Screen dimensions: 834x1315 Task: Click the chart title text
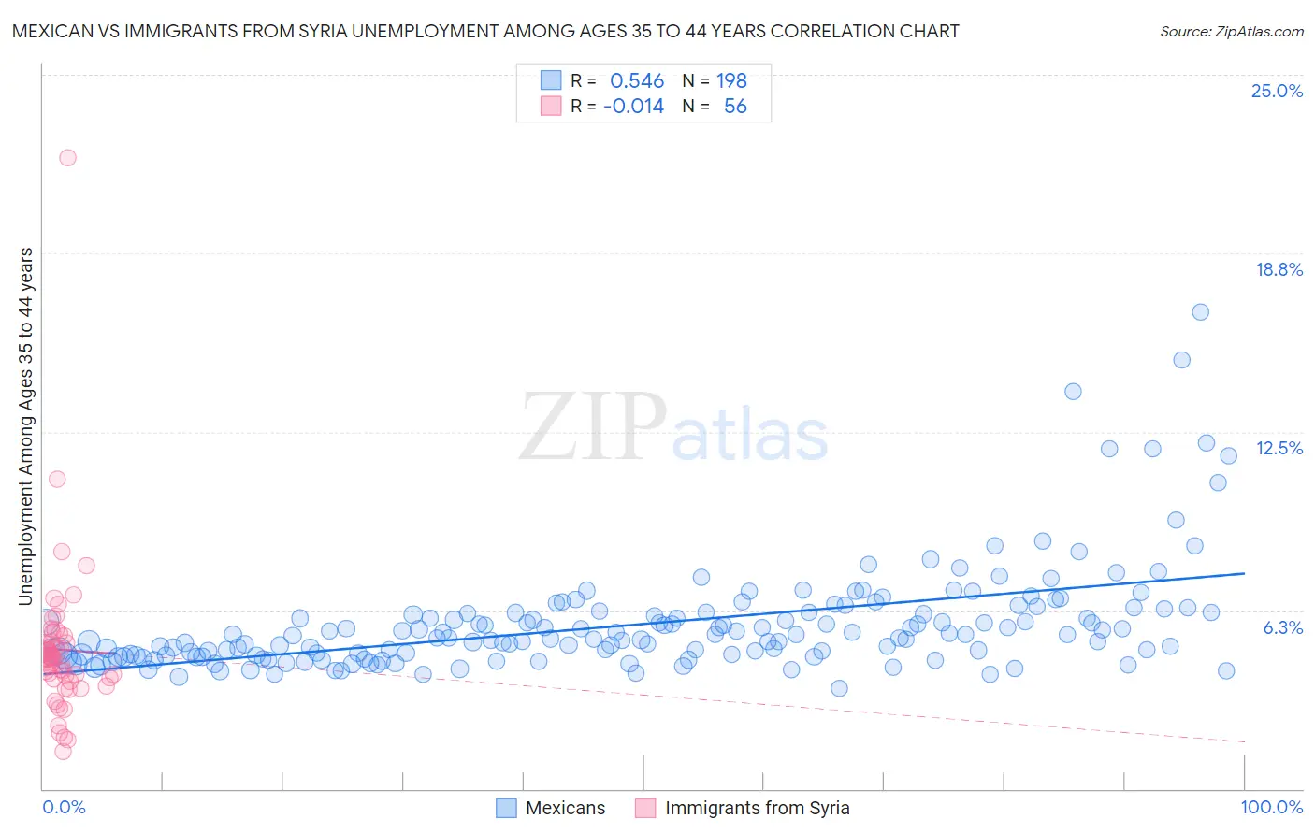485,32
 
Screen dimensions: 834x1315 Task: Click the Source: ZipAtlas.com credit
1231,32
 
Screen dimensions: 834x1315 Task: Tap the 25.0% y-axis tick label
1277,91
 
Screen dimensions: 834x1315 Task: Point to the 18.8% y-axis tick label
1279,269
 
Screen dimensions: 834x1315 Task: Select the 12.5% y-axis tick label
1279,448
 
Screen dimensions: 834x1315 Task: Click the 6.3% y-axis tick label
1282,627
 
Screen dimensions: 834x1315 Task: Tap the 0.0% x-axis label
64,807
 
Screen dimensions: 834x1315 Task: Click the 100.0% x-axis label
1271,807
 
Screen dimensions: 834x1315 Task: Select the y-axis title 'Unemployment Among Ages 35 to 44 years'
26,425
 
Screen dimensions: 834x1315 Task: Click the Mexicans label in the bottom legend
565,808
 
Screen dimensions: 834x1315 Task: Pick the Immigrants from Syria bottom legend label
757,808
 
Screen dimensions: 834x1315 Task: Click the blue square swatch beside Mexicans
506,808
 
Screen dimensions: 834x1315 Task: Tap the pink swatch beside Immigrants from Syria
645,808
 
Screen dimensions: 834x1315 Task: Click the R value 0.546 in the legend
637,81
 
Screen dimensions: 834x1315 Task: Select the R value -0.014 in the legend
633,107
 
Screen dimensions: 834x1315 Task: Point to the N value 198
731,81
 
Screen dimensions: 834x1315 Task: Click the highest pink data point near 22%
67,157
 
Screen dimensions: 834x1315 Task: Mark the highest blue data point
1200,312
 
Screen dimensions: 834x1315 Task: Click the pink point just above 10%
57,479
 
